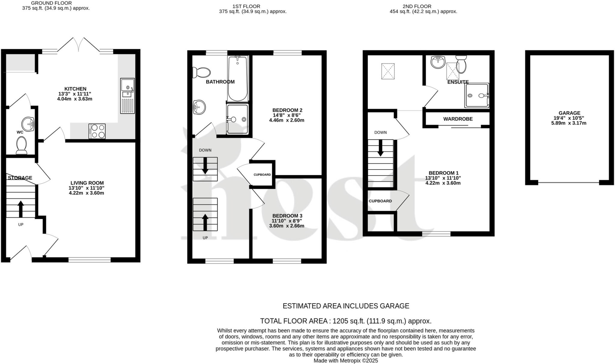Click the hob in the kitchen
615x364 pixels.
(97, 131)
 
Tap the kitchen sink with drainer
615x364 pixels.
(128, 96)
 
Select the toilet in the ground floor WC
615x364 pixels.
(21, 145)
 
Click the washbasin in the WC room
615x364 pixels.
(28, 124)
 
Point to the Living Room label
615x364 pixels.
(87, 183)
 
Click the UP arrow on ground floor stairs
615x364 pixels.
(21, 209)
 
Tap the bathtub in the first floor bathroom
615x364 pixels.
(238, 79)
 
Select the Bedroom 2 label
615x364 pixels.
(287, 110)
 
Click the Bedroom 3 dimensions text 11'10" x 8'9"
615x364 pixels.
(287, 221)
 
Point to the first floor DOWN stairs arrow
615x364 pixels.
(205, 166)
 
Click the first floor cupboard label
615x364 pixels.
(262, 175)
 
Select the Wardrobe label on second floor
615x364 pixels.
(458, 119)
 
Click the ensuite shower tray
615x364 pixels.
(477, 96)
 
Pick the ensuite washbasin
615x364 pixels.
(438, 62)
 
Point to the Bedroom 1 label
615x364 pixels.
(444, 173)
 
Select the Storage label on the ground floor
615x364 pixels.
(20, 178)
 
